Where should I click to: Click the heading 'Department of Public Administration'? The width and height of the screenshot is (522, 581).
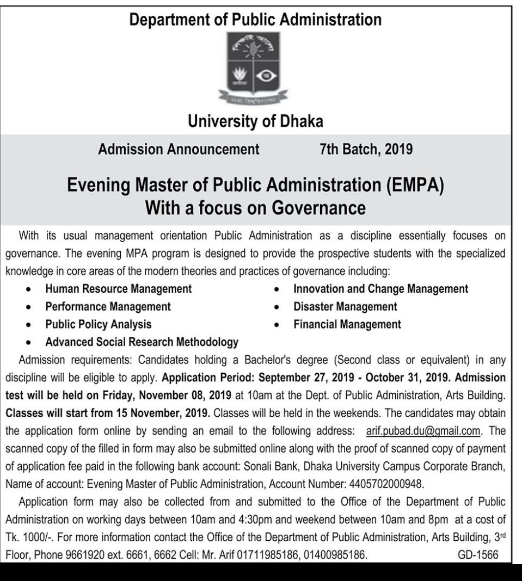(255, 20)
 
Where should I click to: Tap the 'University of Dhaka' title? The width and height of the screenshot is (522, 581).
(255, 122)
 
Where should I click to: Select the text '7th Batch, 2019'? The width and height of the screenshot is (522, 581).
(366, 149)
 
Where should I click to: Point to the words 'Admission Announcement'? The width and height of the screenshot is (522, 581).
(179, 149)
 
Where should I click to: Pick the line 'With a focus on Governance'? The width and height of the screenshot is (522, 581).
(255, 208)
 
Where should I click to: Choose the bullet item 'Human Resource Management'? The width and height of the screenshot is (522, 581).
(118, 289)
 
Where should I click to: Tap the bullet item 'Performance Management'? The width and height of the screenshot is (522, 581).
(108, 306)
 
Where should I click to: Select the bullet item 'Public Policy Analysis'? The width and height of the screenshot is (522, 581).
(99, 324)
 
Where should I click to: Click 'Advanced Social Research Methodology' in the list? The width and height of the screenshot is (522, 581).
(142, 342)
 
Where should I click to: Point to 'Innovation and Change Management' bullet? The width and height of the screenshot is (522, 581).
(380, 289)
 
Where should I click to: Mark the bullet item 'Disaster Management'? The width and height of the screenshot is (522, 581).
(345, 306)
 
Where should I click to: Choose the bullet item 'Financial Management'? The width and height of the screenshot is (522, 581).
(347, 324)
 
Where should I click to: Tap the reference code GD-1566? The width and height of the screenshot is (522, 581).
(478, 555)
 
